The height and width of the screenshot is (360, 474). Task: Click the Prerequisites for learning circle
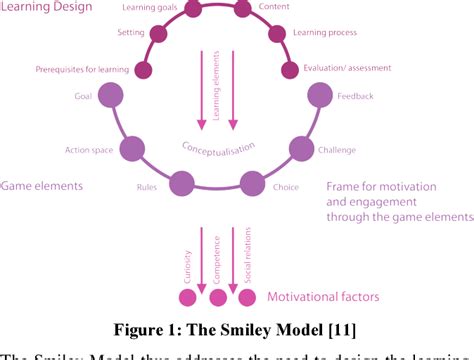(x=144, y=69)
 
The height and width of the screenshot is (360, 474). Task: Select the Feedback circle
(x=319, y=96)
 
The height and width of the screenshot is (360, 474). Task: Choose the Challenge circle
(x=300, y=150)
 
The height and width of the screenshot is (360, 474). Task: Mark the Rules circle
(x=181, y=184)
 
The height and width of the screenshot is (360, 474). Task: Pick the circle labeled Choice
(x=251, y=184)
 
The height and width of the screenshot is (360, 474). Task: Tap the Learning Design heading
(x=47, y=8)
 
